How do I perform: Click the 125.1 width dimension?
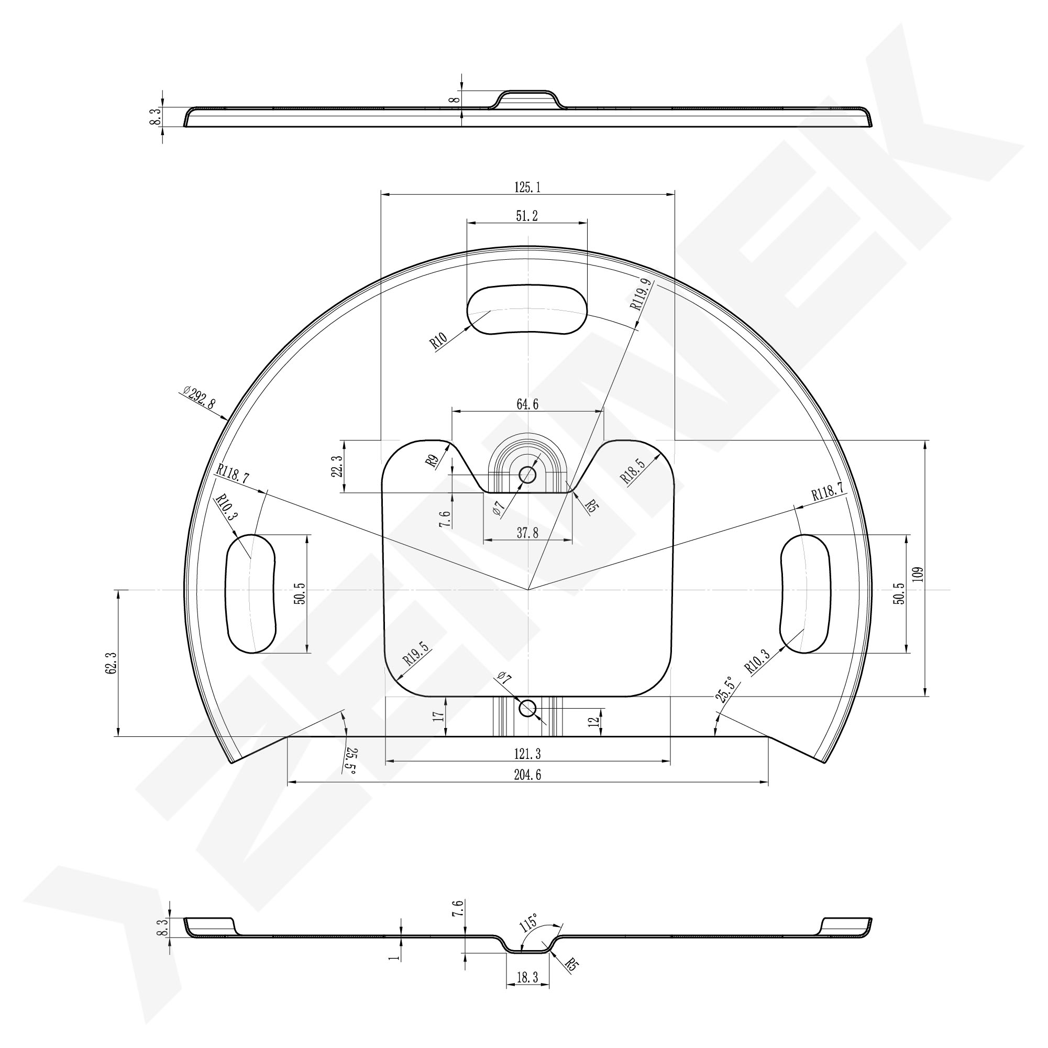click(527, 187)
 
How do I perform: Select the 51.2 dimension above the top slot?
click(527, 216)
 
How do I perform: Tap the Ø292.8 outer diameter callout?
click(199, 396)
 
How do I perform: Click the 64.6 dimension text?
click(527, 404)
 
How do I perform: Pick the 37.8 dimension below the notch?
click(527, 533)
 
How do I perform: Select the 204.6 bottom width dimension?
click(527, 775)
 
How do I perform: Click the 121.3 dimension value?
click(527, 754)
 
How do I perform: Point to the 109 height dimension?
click(917, 574)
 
